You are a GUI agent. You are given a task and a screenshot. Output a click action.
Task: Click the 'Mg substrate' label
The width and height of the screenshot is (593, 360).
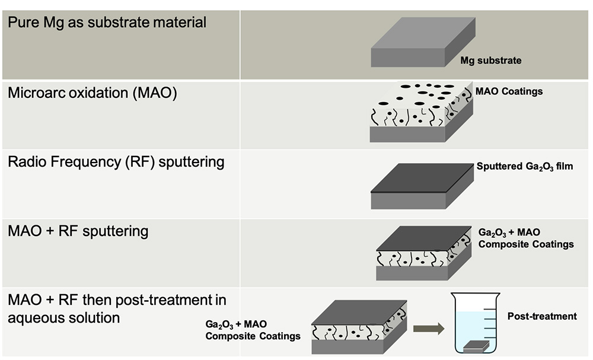[x=491, y=60]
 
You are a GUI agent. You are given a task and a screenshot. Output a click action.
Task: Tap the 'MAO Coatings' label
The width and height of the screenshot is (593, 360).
[x=509, y=91]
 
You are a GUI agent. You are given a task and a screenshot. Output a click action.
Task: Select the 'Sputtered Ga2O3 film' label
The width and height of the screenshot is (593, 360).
[x=525, y=167]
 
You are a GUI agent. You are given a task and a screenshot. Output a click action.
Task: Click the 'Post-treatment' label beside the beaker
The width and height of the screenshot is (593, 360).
[x=542, y=316]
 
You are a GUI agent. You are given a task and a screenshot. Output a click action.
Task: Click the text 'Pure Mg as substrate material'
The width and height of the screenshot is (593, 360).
[x=107, y=24]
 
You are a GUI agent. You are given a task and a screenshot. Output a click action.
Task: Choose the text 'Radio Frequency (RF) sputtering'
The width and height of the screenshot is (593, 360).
[x=116, y=162]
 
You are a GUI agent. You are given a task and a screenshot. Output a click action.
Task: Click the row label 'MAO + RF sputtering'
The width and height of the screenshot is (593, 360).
[x=78, y=231]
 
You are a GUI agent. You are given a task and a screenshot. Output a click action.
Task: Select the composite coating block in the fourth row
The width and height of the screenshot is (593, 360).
[x=423, y=253]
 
